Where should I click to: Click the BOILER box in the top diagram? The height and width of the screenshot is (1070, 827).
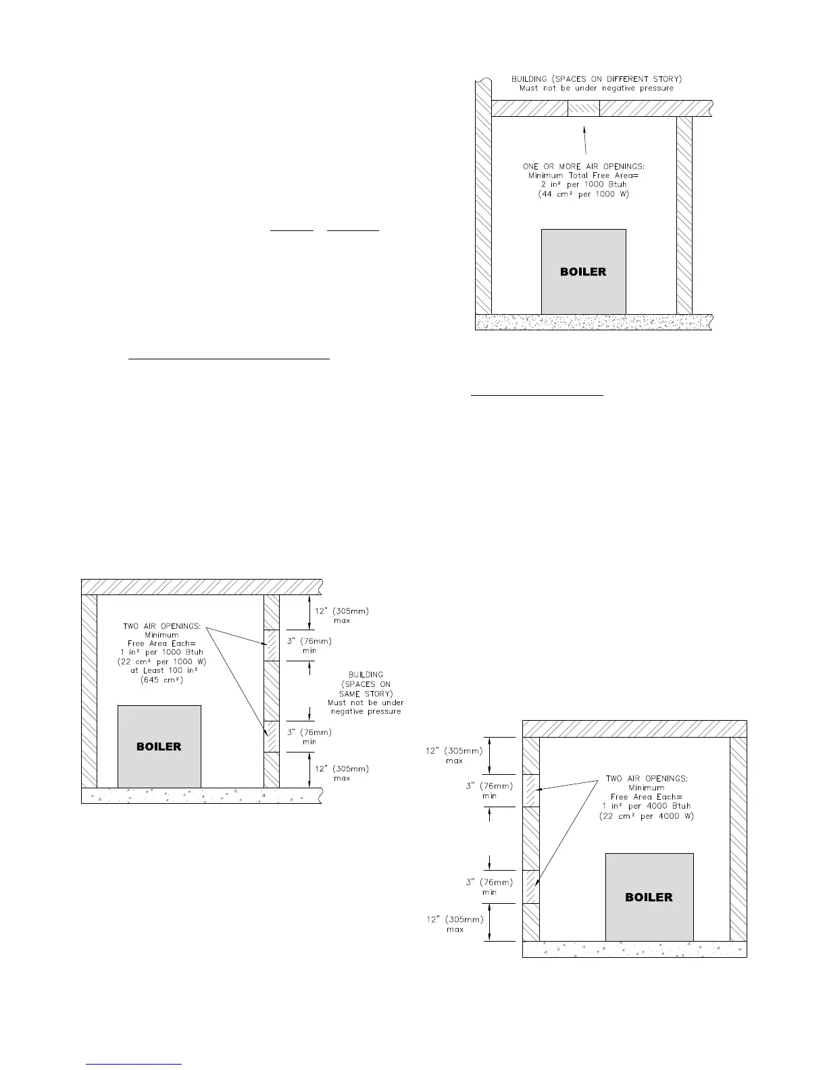[x=583, y=272]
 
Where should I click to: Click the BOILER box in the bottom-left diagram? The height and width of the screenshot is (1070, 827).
[x=159, y=746]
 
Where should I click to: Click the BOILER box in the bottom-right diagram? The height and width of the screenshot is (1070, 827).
[x=649, y=897]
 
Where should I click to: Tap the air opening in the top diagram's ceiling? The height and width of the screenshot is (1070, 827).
[x=583, y=108]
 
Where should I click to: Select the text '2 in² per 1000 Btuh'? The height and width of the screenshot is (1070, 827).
[x=583, y=184]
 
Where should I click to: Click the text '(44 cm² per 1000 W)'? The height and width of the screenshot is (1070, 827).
[x=583, y=194]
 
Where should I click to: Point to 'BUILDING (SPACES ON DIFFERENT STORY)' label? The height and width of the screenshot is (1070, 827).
[x=596, y=79]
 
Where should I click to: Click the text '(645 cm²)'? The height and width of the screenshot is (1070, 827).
[x=161, y=680]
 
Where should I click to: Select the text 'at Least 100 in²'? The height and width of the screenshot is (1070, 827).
[x=161, y=671]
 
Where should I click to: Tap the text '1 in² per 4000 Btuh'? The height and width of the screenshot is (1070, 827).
[x=647, y=806]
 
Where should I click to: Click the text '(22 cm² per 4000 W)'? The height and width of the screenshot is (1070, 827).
[x=647, y=816]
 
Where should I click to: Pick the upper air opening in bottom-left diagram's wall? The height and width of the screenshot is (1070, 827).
[x=271, y=645]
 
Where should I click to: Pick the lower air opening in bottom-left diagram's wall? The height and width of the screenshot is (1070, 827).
[x=271, y=736]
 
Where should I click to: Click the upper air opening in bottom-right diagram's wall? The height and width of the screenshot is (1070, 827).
[x=531, y=790]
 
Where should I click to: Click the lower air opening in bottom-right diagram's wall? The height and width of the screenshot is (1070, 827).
[x=531, y=887]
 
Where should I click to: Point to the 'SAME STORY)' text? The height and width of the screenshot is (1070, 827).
[x=365, y=693]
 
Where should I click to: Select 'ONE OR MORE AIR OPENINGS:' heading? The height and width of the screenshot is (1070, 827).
[x=583, y=166]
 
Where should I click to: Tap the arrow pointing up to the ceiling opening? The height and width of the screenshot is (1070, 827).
[x=584, y=138]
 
